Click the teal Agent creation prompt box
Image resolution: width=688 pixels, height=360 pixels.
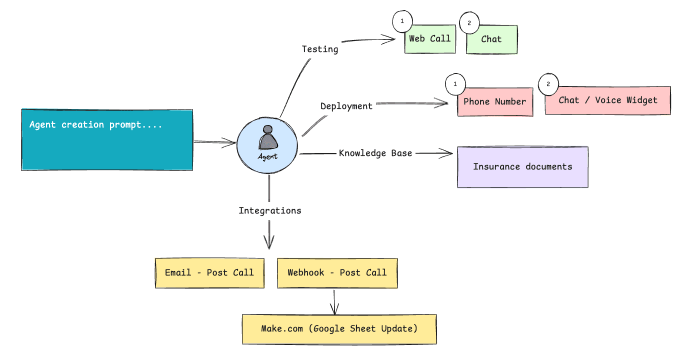tap(106, 140)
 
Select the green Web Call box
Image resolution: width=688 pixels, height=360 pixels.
tap(430, 39)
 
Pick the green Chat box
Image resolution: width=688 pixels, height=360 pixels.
tap(491, 39)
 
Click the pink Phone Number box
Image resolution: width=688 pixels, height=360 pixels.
tap(495, 102)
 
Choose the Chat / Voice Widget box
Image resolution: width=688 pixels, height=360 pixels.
tap(607, 100)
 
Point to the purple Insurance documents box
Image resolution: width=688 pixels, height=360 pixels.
tap(522, 167)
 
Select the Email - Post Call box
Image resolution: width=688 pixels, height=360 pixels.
tap(209, 273)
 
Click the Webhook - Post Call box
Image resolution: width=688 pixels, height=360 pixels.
tap(337, 273)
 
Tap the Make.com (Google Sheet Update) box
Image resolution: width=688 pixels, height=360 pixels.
tap(339, 329)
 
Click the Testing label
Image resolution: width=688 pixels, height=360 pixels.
tap(320, 49)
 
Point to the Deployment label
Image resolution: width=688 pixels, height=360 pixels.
tap(346, 106)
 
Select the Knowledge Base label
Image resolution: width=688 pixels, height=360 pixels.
tap(375, 153)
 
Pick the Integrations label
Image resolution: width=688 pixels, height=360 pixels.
tap(270, 210)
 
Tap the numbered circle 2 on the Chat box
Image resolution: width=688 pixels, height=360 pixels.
tap(469, 22)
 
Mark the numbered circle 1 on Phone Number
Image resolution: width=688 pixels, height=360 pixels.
tap(455, 84)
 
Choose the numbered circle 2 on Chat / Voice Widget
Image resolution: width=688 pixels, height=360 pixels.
tap(548, 84)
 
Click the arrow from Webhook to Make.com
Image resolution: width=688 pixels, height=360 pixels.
tap(334, 301)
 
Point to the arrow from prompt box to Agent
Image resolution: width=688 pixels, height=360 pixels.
tap(214, 142)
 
